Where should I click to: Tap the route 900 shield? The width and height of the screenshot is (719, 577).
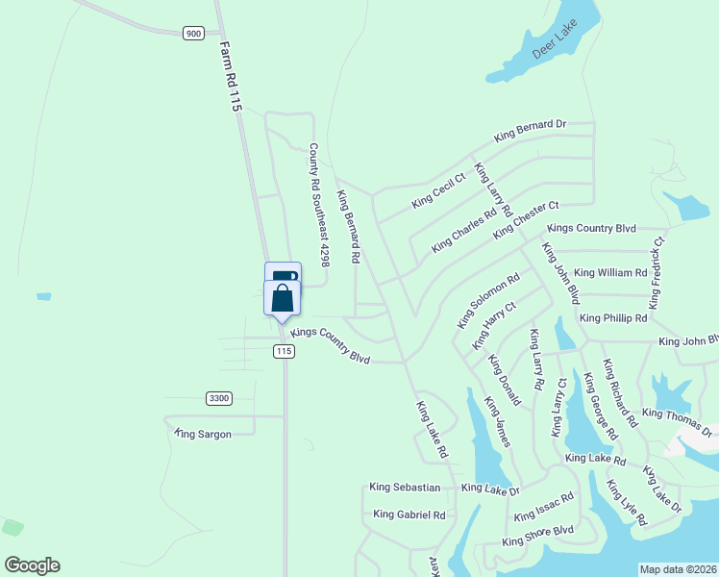(194, 33)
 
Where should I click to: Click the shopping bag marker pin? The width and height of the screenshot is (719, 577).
(283, 298)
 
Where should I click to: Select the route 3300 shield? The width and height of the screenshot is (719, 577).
(219, 398)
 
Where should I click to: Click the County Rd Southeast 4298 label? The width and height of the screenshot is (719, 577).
(319, 206)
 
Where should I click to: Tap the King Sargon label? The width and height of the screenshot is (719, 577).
(203, 435)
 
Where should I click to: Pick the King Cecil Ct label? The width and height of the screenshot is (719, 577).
(438, 189)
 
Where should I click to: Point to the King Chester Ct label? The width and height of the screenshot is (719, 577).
(526, 221)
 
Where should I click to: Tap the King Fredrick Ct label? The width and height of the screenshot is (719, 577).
(657, 273)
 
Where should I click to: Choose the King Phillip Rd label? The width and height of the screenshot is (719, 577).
(613, 318)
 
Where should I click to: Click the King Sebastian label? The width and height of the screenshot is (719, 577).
(405, 488)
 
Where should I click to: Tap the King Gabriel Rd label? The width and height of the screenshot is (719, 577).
(409, 514)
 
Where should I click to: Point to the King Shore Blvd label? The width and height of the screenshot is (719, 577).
(537, 536)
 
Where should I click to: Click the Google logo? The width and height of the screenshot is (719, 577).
(32, 565)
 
